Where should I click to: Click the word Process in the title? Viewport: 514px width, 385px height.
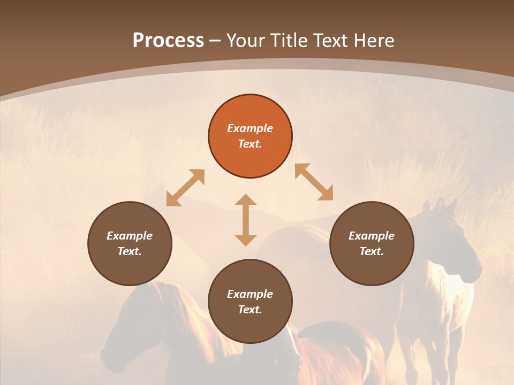(168, 41)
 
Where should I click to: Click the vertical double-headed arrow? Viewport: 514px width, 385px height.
(246, 220)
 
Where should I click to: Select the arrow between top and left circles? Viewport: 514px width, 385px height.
(185, 188)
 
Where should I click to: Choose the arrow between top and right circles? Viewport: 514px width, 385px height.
(314, 182)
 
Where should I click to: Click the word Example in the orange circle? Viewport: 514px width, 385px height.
(250, 128)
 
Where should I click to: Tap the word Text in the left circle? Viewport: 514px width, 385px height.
(130, 251)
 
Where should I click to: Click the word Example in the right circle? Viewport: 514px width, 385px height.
(372, 236)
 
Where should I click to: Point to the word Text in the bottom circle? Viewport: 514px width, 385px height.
(250, 310)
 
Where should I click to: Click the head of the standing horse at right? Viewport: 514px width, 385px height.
(455, 241)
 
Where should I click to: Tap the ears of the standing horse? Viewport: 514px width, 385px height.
(439, 204)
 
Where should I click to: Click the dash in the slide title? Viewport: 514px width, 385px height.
(215, 41)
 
